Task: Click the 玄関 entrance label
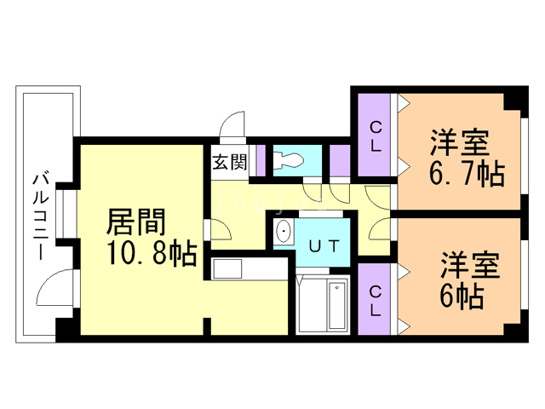click(227, 161)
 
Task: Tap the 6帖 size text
click(462, 297)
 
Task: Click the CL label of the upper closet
click(375, 135)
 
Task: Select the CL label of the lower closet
click(375, 299)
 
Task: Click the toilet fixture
click(290, 159)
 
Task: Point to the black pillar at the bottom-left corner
click(66, 328)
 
